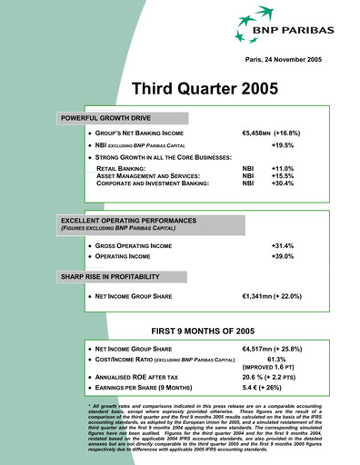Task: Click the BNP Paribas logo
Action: pyautogui.click(x=273, y=26)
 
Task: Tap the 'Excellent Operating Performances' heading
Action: pyautogui.click(x=124, y=222)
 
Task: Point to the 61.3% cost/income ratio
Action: pyautogui.click(x=285, y=360)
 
